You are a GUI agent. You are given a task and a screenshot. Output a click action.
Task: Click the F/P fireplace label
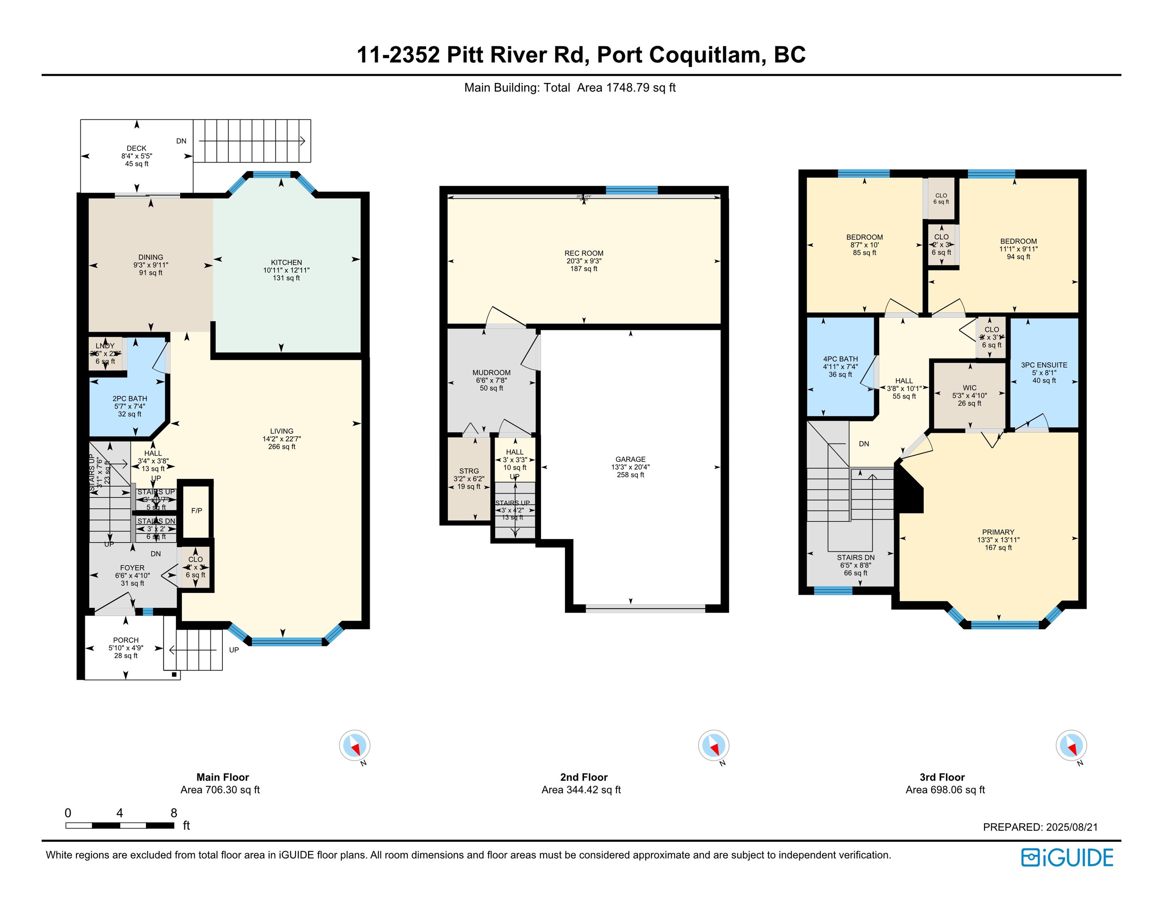tap(197, 511)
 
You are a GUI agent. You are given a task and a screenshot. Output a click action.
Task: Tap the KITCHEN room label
tap(286, 263)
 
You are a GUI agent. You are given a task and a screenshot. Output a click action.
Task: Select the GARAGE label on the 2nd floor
tap(630, 459)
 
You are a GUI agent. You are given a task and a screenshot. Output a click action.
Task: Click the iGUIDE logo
tap(1067, 858)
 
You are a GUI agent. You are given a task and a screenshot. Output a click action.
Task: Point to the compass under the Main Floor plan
tap(355, 745)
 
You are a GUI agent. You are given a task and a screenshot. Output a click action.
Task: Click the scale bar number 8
tap(174, 813)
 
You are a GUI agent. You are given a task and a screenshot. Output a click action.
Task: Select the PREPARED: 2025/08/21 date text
tap(1040, 827)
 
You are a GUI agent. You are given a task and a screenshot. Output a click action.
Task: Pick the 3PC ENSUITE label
tap(1044, 365)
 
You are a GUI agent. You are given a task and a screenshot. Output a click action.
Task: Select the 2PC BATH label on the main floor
tap(130, 398)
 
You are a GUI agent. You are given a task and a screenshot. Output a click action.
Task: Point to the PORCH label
tap(126, 640)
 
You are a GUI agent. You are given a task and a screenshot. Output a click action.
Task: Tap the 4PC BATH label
tap(840, 359)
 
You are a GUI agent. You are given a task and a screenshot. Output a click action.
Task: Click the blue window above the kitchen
tap(272, 174)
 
